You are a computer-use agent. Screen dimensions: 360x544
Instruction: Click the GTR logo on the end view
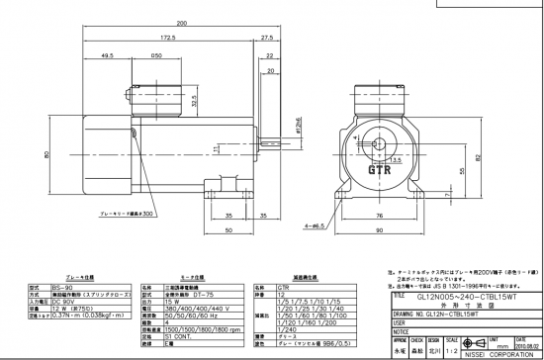click(380, 169)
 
